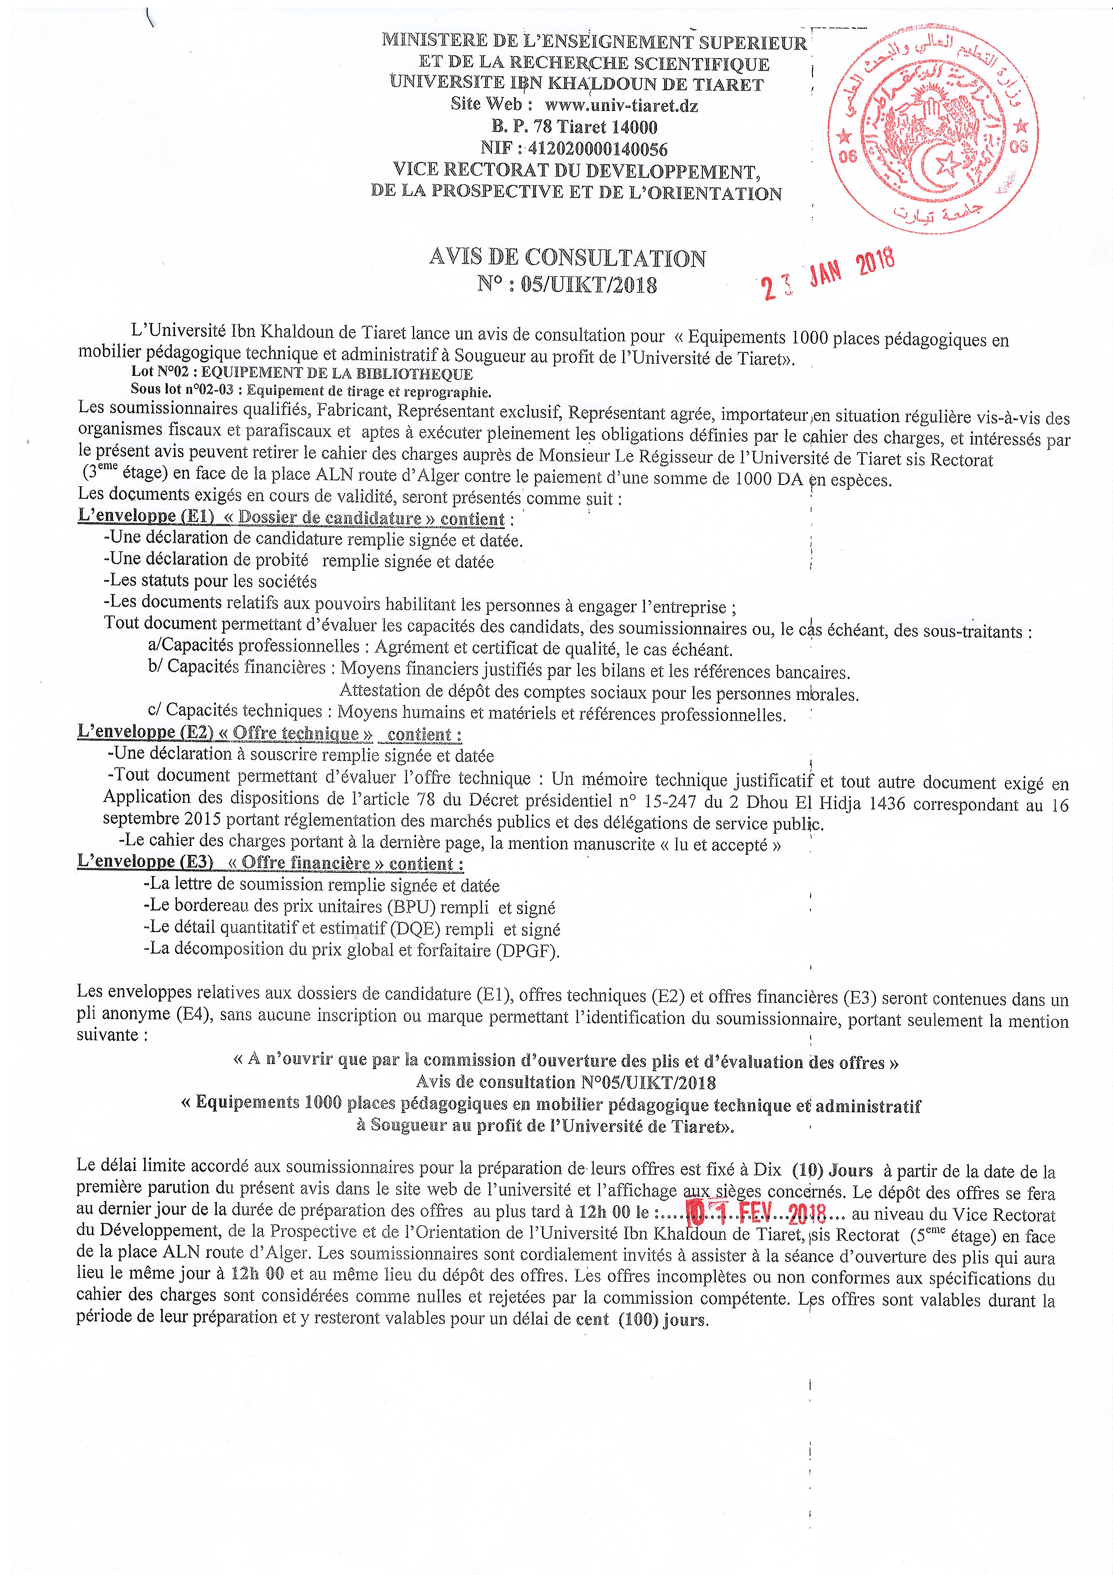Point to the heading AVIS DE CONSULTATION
coord(567,258)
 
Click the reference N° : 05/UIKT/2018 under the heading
coord(567,284)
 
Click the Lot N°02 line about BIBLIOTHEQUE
coord(302,373)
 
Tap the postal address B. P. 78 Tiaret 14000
coord(573,127)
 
